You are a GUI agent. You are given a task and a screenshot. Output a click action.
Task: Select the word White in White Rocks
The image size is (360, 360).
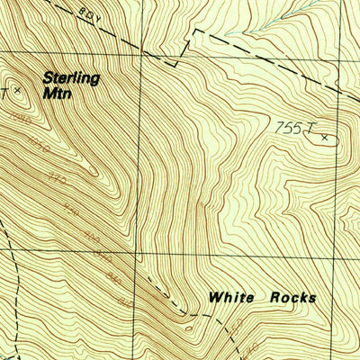[x=230, y=297]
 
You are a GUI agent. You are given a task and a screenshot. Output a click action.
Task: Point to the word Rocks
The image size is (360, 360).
[x=289, y=297]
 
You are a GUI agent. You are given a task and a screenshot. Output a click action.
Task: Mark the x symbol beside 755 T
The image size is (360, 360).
[x=324, y=138]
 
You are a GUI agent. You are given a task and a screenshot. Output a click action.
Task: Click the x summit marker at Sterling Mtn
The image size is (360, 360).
[x=17, y=90]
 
